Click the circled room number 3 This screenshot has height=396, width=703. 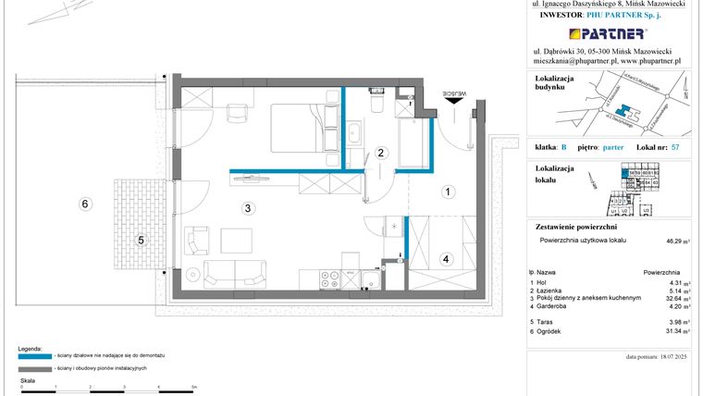pyautogui.click(x=248, y=208)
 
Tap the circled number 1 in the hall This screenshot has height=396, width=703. pyautogui.click(x=448, y=192)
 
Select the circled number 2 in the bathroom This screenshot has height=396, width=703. pyautogui.click(x=379, y=154)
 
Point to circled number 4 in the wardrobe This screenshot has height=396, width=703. pyautogui.click(x=445, y=258)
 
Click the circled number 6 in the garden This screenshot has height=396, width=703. pyautogui.click(x=84, y=204)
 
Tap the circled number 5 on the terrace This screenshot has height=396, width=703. pyautogui.click(x=141, y=241)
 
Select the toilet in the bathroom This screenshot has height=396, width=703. pyautogui.click(x=376, y=103)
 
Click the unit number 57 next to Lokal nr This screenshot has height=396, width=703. pyautogui.click(x=674, y=147)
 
